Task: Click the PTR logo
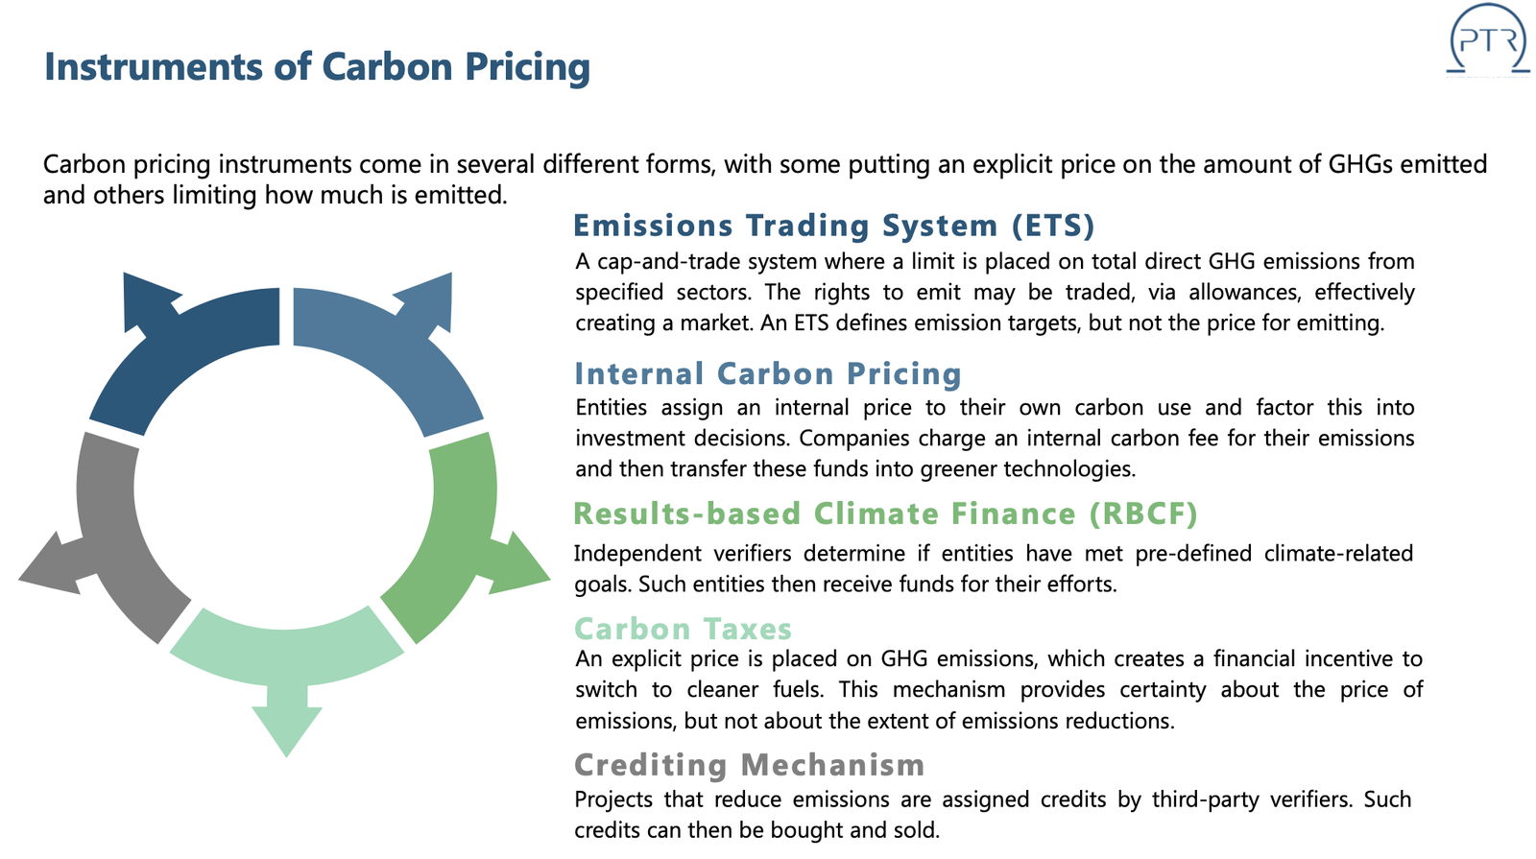pyautogui.click(x=1488, y=38)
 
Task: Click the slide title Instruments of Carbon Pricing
pyautogui.click(x=317, y=67)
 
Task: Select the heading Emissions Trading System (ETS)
pyautogui.click(x=834, y=226)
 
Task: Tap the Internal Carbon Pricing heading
pyautogui.click(x=768, y=373)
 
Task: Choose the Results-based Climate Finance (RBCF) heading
pyautogui.click(x=885, y=513)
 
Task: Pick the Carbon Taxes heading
pyautogui.click(x=683, y=629)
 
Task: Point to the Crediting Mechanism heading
pyautogui.click(x=750, y=765)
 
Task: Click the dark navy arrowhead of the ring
pyautogui.click(x=150, y=301)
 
